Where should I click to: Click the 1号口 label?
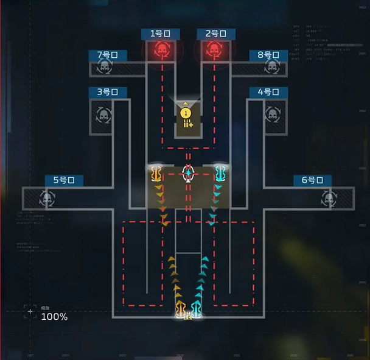tap(161, 34)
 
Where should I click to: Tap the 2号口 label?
tap(216, 34)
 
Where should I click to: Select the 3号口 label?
tap(108, 93)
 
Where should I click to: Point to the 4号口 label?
tap(268, 93)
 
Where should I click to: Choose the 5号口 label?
tap(64, 180)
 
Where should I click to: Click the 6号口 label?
tap(312, 180)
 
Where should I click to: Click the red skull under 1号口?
tap(161, 50)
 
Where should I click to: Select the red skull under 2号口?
tap(214, 50)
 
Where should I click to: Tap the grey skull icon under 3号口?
tap(102, 114)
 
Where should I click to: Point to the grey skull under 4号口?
tap(272, 114)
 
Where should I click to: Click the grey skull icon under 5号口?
tap(46, 199)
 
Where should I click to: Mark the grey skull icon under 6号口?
tap(329, 199)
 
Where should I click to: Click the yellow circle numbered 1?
tap(186, 113)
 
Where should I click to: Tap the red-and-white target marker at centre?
tap(188, 174)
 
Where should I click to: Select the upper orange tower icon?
tap(156, 174)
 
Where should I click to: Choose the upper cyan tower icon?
tap(220, 174)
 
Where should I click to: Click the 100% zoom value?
tap(54, 317)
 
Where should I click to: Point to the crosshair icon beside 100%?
tap(30, 312)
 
